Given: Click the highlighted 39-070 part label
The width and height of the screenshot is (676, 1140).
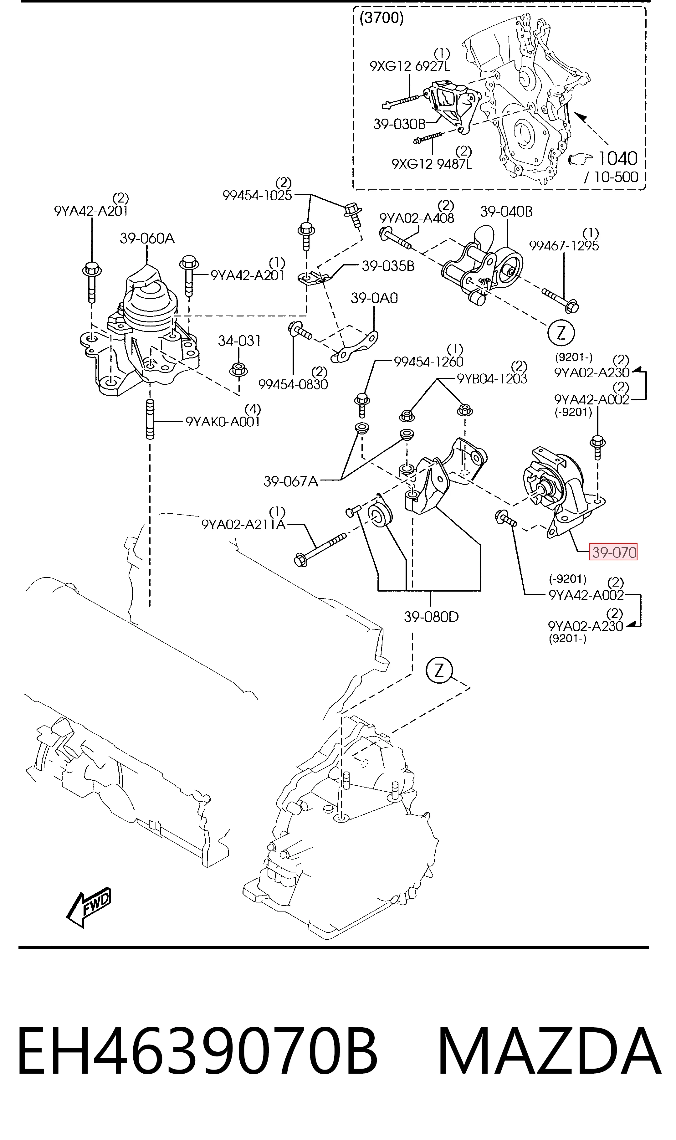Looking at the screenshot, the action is [613, 552].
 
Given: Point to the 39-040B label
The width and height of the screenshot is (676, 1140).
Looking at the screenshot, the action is [506, 212].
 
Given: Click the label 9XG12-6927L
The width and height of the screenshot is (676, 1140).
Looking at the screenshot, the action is [410, 66].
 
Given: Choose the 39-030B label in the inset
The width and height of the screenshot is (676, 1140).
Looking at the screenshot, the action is [399, 124].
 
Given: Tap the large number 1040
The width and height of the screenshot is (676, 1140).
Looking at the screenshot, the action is [617, 158].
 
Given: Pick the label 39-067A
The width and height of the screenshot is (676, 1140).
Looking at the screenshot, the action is [291, 481].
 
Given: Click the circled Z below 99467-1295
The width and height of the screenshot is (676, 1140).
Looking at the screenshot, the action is [561, 334].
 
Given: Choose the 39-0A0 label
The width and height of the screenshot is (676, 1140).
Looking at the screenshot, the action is [374, 298].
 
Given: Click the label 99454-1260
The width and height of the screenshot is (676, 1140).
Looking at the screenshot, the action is [429, 362].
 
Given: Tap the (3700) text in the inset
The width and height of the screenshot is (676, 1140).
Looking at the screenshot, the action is [381, 18].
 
